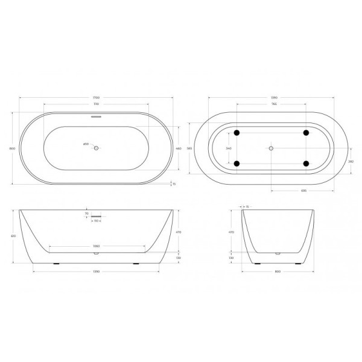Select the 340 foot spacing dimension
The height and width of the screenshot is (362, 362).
[227, 148]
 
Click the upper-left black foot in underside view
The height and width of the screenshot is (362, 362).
[237, 132]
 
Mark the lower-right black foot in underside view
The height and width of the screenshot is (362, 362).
[306, 164]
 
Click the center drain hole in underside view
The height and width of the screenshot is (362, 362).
[271, 148]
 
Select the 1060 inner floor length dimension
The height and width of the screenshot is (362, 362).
[97, 246]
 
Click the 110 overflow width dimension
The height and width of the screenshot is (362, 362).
[97, 221]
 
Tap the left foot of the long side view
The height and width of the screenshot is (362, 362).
[56, 264]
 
